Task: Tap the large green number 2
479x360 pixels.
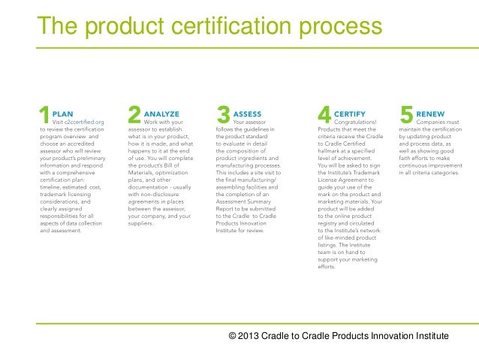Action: (134, 114)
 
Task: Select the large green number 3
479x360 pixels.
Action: (223, 114)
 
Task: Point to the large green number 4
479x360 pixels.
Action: (324, 114)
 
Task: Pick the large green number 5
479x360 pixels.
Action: (406, 114)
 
